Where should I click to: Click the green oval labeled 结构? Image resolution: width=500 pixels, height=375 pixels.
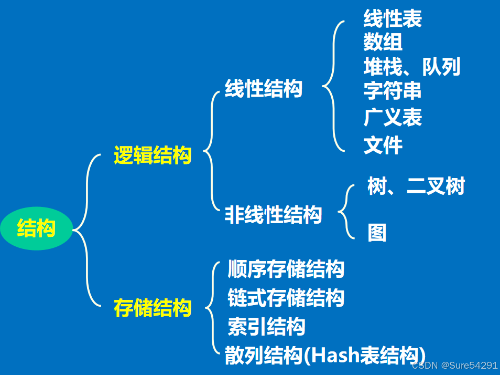coord(36,230)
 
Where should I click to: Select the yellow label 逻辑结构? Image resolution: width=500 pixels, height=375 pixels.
coord(153,155)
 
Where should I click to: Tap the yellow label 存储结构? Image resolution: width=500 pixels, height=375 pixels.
coord(153,308)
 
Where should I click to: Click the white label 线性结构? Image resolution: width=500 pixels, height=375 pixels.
coord(264,89)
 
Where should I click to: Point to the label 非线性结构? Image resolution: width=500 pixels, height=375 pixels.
coord(273,214)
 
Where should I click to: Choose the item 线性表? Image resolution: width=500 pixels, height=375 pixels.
coord(393,19)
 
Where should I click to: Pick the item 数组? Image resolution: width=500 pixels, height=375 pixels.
coord(383,42)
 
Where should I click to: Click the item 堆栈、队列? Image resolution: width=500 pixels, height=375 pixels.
coord(412,67)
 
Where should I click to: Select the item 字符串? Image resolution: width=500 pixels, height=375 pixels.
coord(393,91)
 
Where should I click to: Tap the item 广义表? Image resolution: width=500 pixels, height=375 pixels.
coord(393,118)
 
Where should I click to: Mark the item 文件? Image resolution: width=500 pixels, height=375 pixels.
coord(383,145)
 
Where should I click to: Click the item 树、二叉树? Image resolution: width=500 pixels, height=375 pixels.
coord(416,186)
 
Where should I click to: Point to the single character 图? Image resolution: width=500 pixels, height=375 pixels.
coord(377,233)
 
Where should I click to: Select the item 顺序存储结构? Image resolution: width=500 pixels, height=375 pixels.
coord(286,269)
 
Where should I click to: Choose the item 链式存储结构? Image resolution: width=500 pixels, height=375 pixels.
coord(286,298)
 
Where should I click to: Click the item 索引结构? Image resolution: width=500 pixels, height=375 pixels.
coord(266,327)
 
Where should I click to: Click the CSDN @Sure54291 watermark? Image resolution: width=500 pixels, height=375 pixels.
coord(454,366)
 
